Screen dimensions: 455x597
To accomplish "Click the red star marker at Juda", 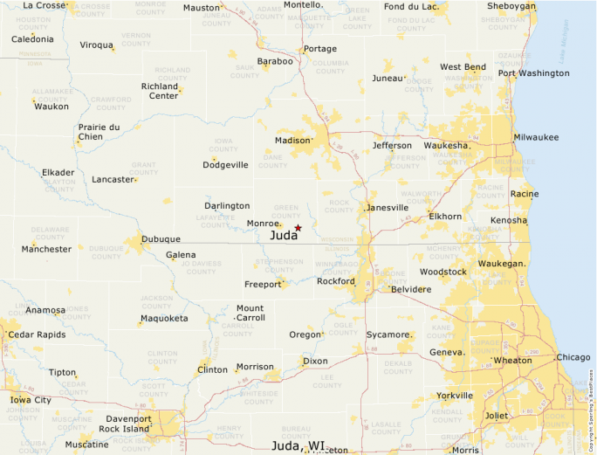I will tap(298, 228).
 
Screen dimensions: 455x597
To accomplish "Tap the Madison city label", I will tap(292, 141).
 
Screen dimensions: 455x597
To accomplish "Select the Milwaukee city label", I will tap(536, 138).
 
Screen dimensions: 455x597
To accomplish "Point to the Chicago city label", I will tap(573, 357).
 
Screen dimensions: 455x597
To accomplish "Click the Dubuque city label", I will tap(161, 239).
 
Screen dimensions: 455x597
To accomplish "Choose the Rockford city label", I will tap(336, 281).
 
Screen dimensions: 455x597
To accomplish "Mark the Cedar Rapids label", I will tap(37, 334).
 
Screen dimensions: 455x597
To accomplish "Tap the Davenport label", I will tap(128, 419).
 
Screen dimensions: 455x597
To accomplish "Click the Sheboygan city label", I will tap(511, 6).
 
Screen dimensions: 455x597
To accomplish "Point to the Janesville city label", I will tap(388, 208).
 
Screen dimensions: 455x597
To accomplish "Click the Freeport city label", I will tap(262, 285).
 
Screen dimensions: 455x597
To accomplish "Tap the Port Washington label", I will tap(533, 73).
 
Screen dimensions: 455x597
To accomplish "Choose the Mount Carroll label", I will tap(250, 313).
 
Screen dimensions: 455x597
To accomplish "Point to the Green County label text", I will tap(286, 211).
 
